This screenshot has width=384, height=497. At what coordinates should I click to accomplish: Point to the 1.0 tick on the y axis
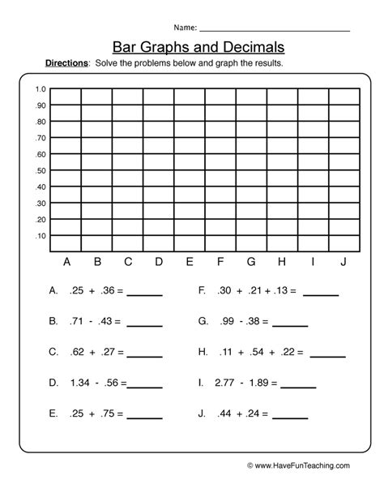point(41,89)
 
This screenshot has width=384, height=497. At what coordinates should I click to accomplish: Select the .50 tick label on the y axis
point(41,171)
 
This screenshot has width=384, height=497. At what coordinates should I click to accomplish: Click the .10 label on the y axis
point(41,236)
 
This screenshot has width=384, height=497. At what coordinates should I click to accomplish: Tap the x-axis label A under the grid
point(66,261)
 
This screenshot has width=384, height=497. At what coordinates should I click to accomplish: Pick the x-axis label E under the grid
point(190,261)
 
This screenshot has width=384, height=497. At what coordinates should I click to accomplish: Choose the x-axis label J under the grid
point(343,261)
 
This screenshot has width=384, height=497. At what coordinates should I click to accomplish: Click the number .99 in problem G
point(226,321)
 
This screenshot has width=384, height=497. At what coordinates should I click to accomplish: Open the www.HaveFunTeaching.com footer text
point(301,465)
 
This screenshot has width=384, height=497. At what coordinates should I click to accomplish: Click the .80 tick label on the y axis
point(41,122)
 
